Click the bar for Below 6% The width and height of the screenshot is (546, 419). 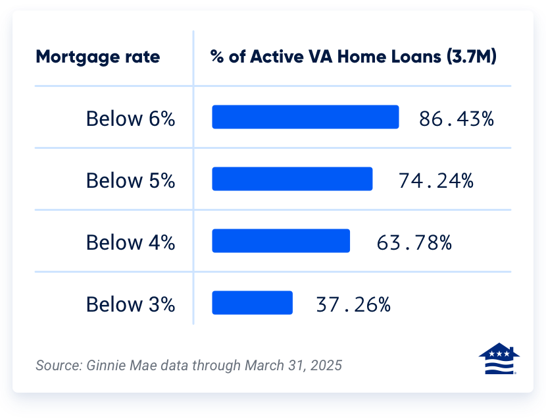305,117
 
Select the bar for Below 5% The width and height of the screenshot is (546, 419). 292,179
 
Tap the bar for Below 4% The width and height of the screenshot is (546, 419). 281,241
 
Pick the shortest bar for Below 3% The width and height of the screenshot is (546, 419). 252,303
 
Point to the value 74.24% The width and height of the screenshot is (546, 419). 436,181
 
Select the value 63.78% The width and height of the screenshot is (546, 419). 414,242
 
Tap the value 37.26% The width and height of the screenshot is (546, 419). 353,304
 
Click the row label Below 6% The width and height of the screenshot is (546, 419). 130,119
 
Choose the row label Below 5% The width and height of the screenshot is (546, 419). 130,181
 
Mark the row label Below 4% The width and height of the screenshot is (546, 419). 130,242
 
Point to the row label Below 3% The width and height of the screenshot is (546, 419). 130,304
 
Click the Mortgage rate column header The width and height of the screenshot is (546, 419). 97,57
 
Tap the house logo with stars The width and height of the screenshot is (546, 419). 499,359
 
